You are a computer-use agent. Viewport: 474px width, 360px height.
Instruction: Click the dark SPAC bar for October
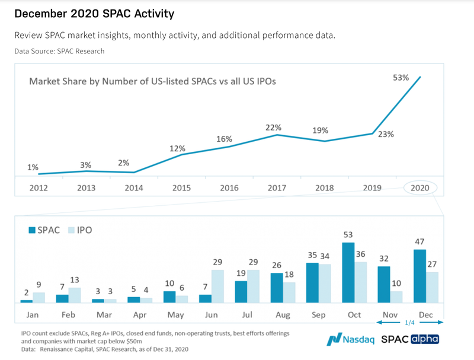click(348, 273)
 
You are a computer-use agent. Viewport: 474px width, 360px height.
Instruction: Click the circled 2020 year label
click(420, 188)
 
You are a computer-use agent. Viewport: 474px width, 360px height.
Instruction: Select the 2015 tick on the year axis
click(181, 188)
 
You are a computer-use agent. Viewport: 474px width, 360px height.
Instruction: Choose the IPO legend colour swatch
click(72, 230)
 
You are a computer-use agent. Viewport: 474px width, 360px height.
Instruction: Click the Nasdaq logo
click(350, 340)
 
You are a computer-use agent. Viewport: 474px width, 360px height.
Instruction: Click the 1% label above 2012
click(33, 167)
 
